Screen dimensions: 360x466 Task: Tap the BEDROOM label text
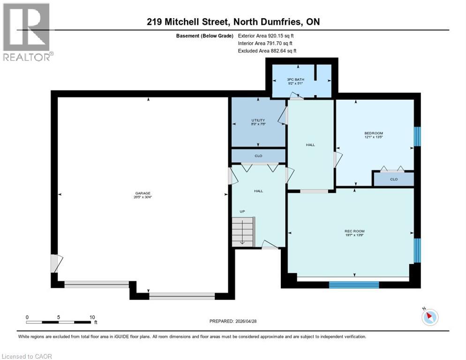pyautogui.click(x=375, y=133)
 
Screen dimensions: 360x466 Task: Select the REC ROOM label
pyautogui.click(x=354, y=231)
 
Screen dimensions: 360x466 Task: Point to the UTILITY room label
pyautogui.click(x=258, y=120)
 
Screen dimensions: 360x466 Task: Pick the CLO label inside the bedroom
pyautogui.click(x=393, y=179)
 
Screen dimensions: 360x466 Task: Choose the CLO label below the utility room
pyautogui.click(x=258, y=156)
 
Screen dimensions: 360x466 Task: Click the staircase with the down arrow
pyautogui.click(x=243, y=231)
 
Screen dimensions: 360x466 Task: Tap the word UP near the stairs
pyautogui.click(x=242, y=211)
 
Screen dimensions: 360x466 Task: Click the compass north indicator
pyautogui.click(x=429, y=317)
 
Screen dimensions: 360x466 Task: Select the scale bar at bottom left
pyautogui.click(x=59, y=322)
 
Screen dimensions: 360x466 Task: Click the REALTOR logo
pyautogui.click(x=26, y=31)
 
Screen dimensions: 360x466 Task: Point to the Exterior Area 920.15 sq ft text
pyautogui.click(x=266, y=36)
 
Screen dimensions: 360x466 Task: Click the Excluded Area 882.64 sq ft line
pyautogui.click(x=267, y=51)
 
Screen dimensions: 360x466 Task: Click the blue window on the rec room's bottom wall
pyautogui.click(x=353, y=284)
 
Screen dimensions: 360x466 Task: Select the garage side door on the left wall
pyautogui.click(x=54, y=262)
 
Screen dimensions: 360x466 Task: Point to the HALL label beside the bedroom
pyautogui.click(x=310, y=145)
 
